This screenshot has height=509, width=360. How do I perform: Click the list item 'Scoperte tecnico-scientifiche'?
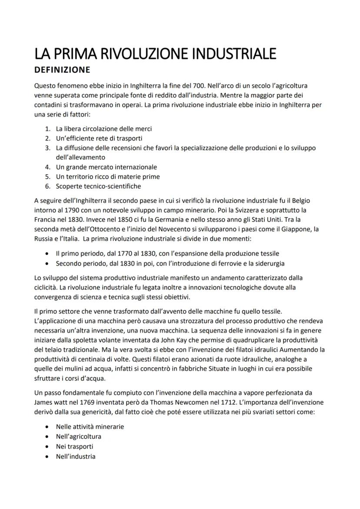[98, 186]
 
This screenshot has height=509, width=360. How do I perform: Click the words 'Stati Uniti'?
[277, 220]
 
